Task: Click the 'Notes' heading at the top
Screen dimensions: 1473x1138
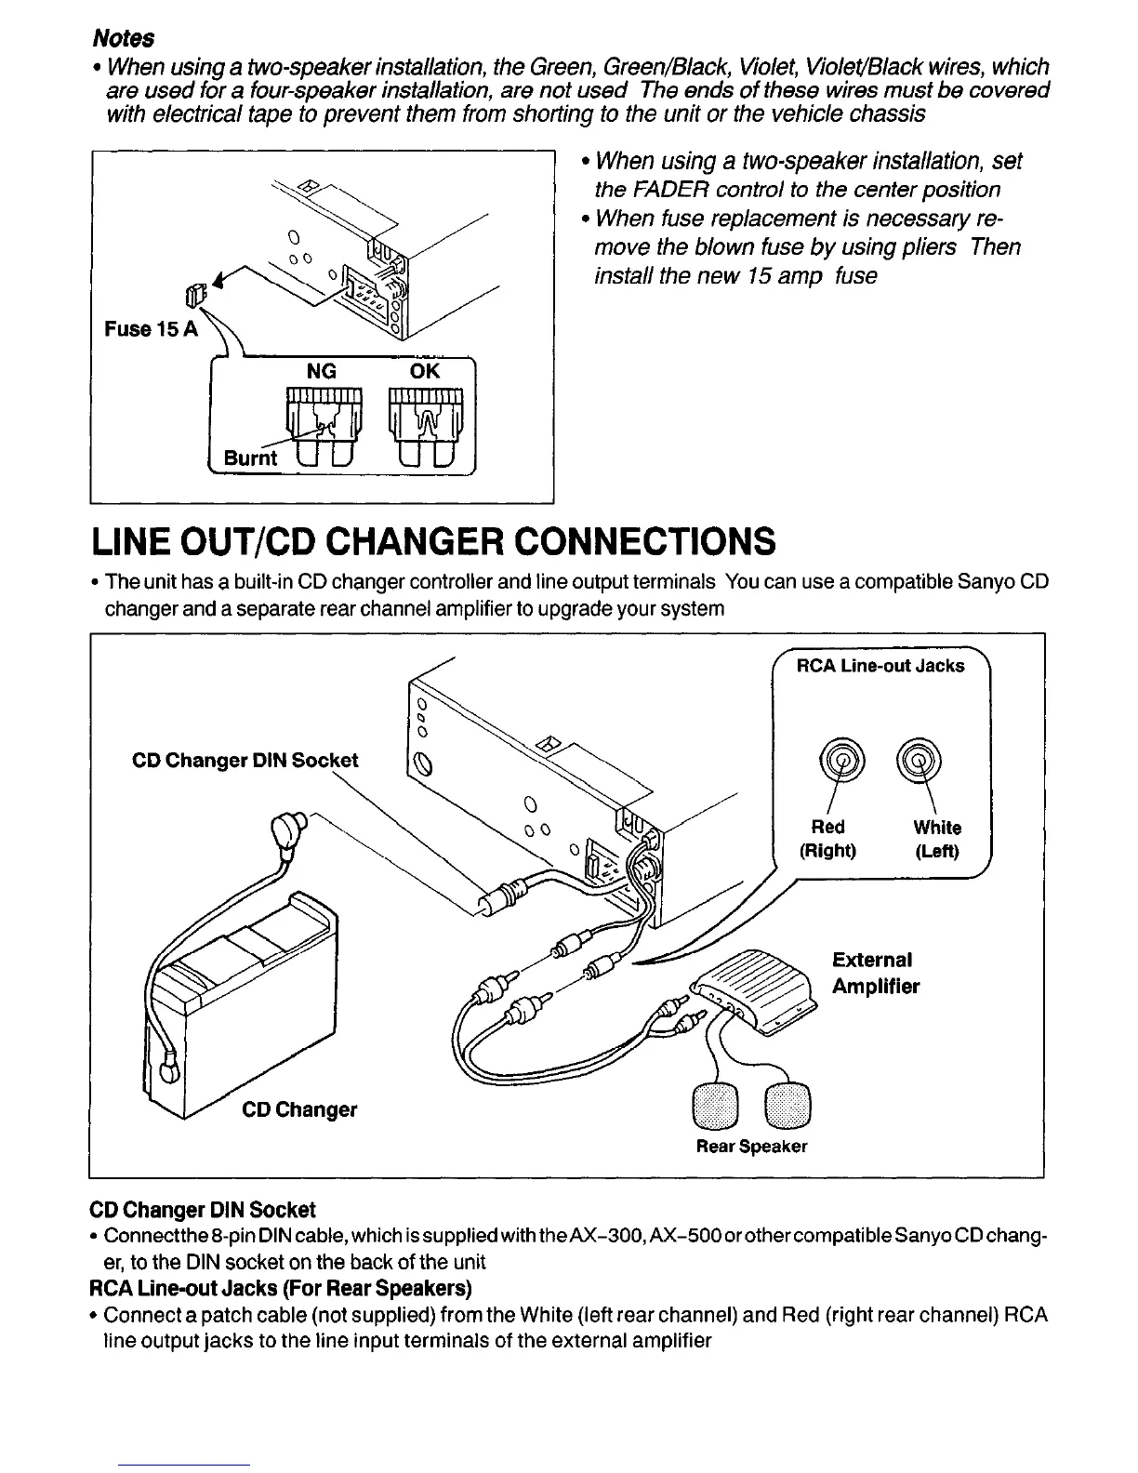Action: click(x=123, y=38)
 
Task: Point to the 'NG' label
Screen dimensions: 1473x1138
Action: click(x=322, y=371)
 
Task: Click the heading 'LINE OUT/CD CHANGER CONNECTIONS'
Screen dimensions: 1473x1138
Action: click(x=432, y=540)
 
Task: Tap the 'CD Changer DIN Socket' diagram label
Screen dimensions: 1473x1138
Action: click(x=245, y=760)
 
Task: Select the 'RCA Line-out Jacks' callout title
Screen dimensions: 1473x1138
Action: click(x=880, y=666)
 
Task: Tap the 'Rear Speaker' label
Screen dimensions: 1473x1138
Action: click(x=751, y=1147)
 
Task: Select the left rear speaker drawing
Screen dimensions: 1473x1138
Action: click(x=714, y=1103)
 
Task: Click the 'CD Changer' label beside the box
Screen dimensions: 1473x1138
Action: click(x=299, y=1109)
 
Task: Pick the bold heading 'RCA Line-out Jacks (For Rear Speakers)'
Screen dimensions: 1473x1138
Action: click(x=280, y=1288)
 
